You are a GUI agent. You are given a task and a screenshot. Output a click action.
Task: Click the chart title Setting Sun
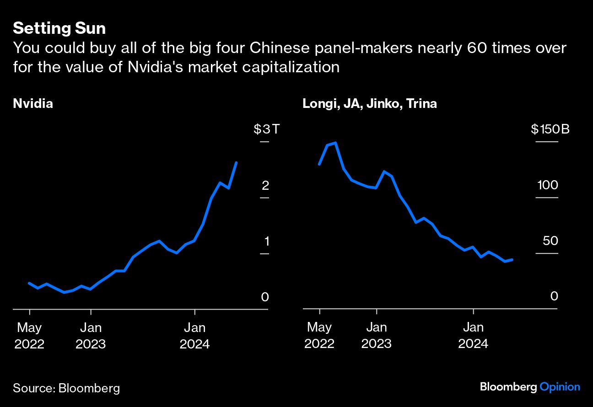[59, 28]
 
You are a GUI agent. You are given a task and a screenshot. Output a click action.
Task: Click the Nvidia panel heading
[33, 104]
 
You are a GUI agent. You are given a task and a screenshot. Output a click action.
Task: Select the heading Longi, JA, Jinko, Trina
[369, 104]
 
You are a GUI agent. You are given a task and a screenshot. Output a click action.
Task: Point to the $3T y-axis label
[266, 129]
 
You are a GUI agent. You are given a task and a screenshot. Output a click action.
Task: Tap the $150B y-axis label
[550, 129]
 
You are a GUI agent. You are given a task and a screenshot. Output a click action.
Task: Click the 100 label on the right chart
[548, 185]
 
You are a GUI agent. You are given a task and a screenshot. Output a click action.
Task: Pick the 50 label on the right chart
[548, 241]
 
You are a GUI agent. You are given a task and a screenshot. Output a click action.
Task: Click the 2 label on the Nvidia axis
[265, 185]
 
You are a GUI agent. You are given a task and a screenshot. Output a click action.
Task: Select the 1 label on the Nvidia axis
[265, 241]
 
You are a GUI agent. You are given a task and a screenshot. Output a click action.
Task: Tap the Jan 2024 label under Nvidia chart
[195, 336]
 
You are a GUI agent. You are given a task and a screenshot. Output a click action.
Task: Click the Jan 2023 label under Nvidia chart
[91, 336]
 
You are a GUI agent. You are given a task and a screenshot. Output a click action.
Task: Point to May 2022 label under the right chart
[319, 336]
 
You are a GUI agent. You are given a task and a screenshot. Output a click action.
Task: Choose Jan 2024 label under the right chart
[473, 336]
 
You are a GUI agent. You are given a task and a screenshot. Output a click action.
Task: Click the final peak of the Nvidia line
[236, 162]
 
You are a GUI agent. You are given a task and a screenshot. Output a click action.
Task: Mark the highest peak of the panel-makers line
[335, 143]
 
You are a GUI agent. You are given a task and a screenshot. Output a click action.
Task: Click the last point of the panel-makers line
[512, 259]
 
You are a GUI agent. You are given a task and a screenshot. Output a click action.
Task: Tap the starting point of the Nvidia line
[29, 283]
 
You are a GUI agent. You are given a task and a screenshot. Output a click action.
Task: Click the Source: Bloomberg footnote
[66, 388]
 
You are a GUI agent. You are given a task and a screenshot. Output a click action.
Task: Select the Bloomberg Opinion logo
[530, 387]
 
